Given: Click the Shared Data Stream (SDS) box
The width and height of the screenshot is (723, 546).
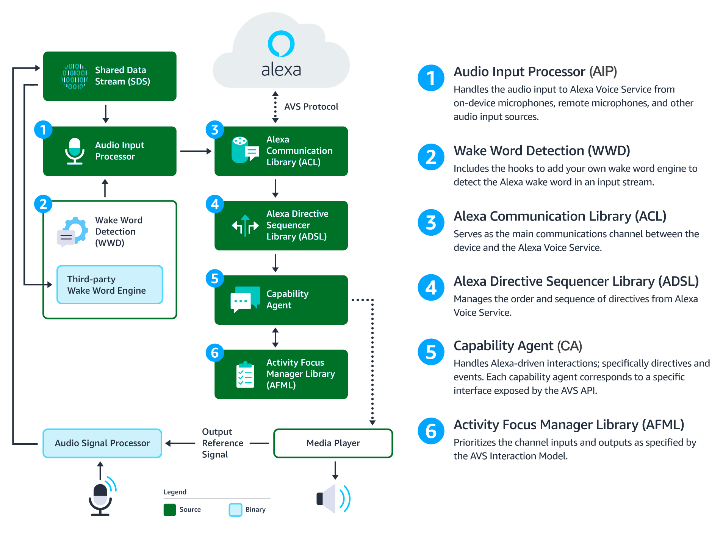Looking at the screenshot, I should point(110,76).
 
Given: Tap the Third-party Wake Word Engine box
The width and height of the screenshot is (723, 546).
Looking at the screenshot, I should point(110,285).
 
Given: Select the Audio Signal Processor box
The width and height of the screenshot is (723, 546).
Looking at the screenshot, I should point(102,443).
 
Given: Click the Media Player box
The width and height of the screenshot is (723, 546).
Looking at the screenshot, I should point(333,443).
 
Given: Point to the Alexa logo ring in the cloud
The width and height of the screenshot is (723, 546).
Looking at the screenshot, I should point(281,43).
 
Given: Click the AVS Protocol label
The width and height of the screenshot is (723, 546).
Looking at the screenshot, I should point(311,107).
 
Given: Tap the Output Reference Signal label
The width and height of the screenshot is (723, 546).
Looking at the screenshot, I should point(222,443).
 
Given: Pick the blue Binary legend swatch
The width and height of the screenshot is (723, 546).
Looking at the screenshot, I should point(235,510).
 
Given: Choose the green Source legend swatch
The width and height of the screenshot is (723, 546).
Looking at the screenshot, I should point(170,510).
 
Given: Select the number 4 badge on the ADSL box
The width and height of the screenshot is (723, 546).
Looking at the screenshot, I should point(215,204).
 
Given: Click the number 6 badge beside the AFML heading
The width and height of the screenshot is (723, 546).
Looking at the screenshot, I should point(431,431).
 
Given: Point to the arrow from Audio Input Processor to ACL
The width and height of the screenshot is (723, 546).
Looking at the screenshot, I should point(196,151).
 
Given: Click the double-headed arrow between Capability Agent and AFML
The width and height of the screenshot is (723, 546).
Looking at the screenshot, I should point(275,337).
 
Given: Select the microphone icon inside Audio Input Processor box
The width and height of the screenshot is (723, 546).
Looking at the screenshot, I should point(75,151).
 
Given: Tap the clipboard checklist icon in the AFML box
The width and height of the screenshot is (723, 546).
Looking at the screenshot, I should point(245,375).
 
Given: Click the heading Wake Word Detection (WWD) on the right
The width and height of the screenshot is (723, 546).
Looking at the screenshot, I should point(541,151).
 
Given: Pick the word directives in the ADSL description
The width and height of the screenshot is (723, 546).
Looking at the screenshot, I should point(629,299).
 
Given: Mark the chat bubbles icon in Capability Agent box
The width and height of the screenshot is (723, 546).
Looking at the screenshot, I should point(245,299).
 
